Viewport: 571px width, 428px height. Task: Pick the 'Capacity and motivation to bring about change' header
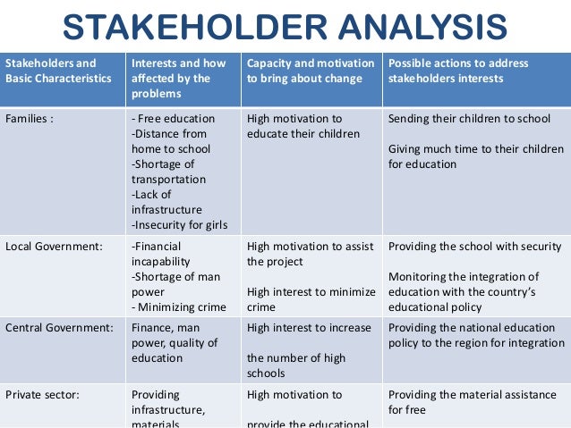311,71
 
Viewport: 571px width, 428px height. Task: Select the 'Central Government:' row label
59,328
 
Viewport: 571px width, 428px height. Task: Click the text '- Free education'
173,118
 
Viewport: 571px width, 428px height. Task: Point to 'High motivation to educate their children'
303,126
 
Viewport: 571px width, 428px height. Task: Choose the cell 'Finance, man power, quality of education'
175,343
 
